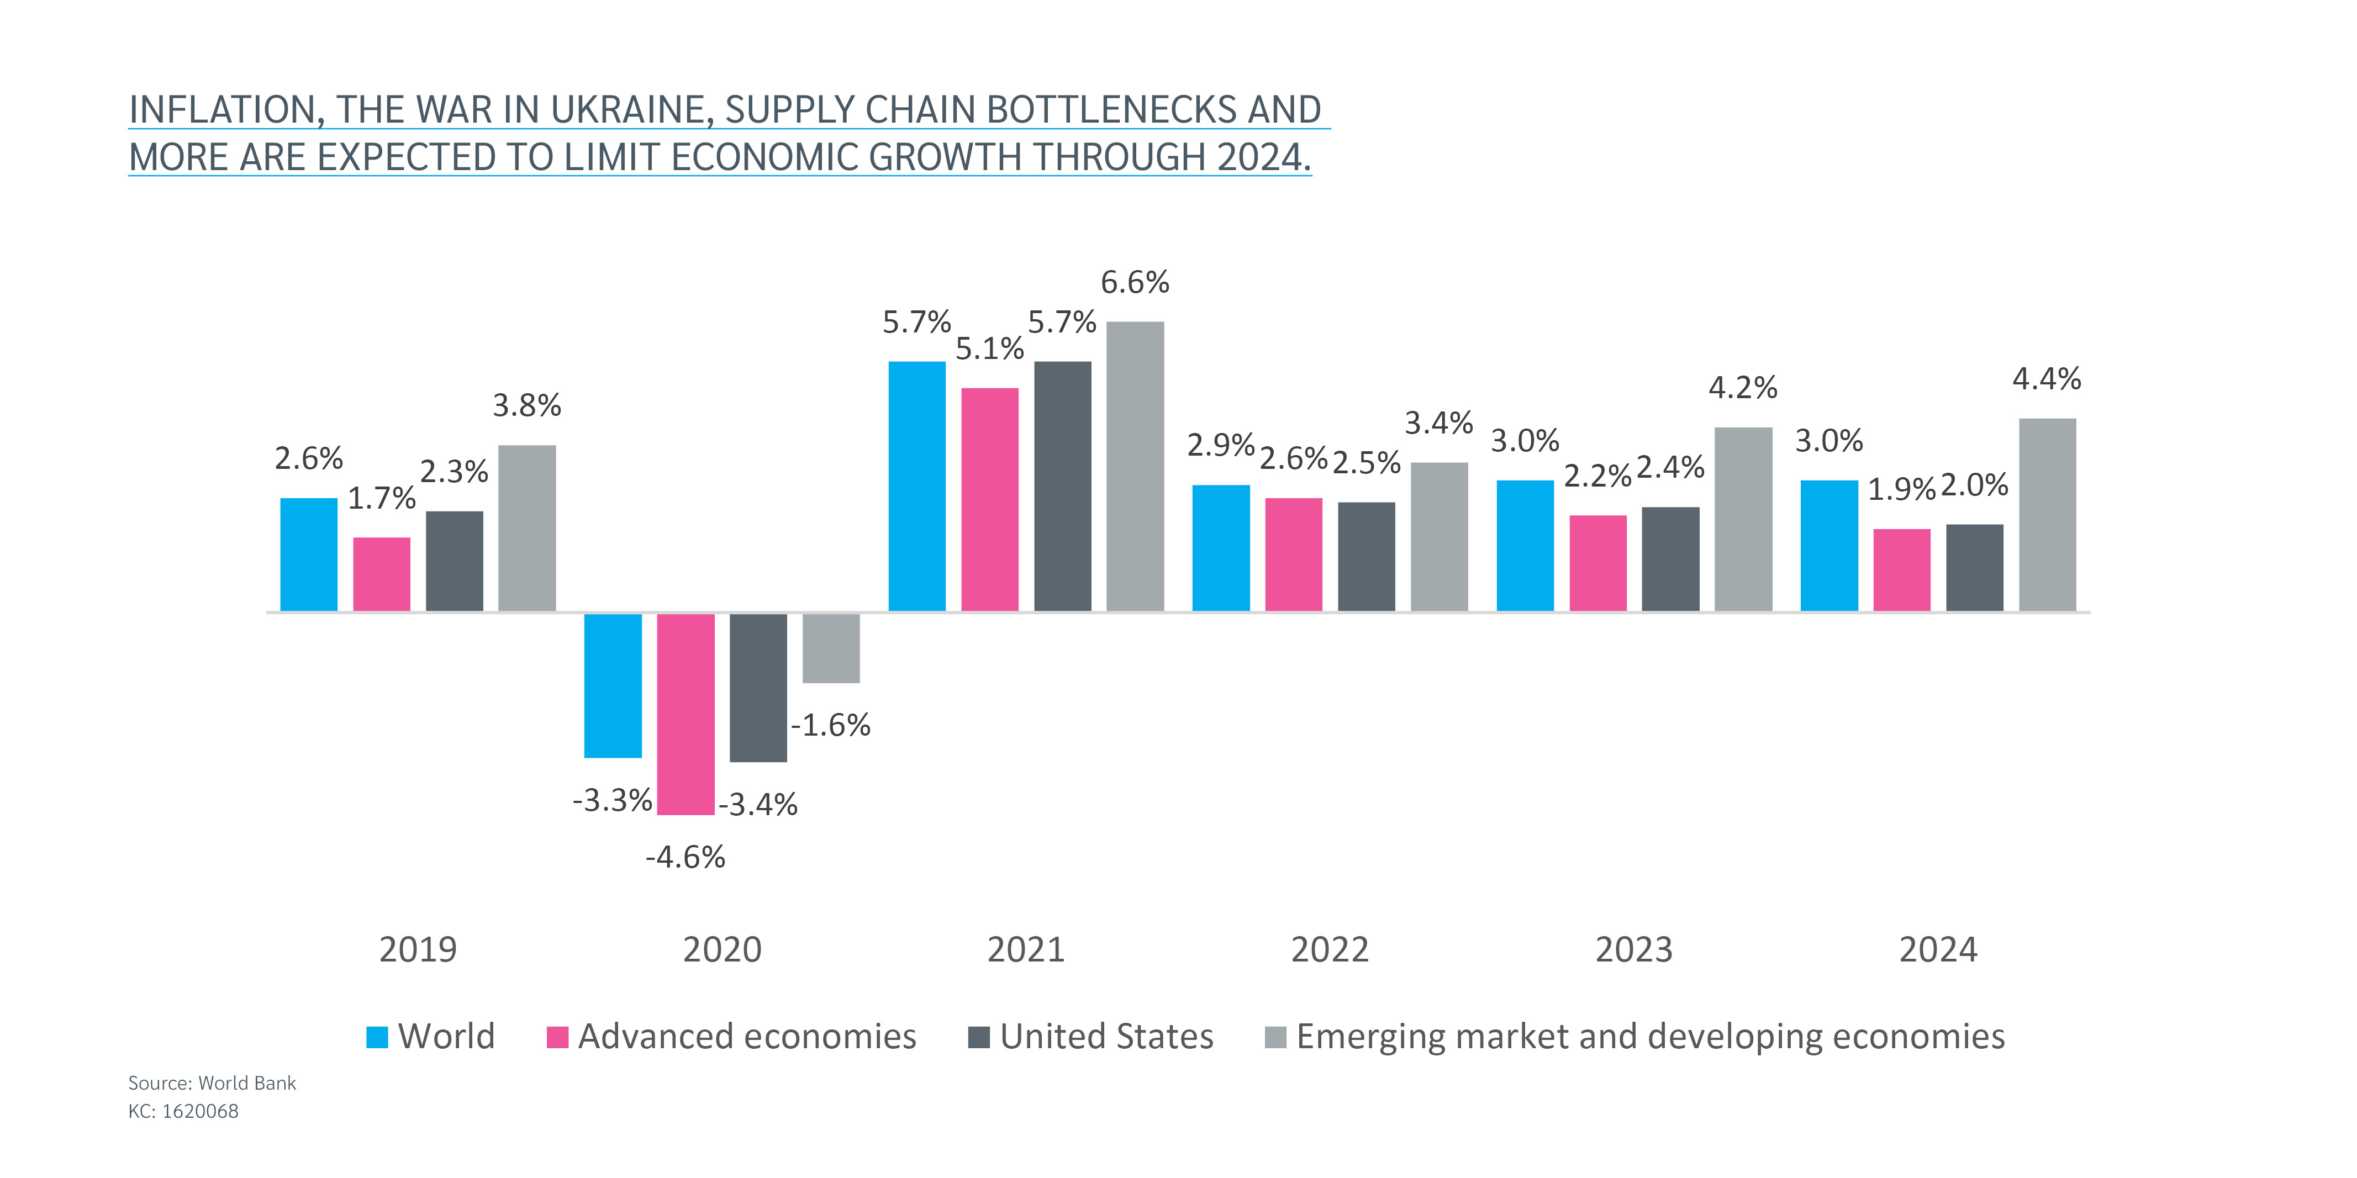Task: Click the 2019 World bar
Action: (x=308, y=554)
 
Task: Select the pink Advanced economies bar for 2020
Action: (x=686, y=714)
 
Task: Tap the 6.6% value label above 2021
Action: (x=1135, y=283)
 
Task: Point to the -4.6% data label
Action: (x=686, y=858)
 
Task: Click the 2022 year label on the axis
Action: (x=1330, y=950)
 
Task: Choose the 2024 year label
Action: (x=1938, y=950)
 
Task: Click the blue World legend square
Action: (x=377, y=1037)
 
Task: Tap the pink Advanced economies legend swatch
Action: (x=557, y=1037)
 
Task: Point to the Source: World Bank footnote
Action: (x=212, y=1083)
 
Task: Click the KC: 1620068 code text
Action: (x=183, y=1111)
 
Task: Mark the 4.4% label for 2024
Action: (x=2047, y=379)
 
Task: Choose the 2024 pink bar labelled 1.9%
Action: (x=1901, y=570)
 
